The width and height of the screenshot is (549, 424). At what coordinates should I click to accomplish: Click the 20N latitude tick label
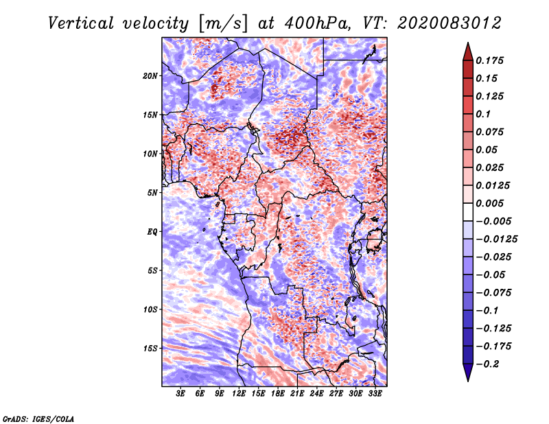(150, 76)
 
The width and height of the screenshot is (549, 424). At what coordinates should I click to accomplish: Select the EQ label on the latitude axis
(152, 232)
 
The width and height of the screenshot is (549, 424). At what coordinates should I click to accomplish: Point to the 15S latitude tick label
(150, 349)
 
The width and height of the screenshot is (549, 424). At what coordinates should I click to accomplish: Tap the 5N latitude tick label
(152, 193)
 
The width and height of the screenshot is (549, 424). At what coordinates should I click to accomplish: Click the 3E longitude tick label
(180, 394)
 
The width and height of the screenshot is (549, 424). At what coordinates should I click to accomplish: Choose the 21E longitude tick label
(297, 394)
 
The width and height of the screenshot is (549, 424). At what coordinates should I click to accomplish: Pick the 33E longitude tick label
(375, 394)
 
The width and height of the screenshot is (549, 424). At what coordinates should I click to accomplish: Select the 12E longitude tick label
(239, 394)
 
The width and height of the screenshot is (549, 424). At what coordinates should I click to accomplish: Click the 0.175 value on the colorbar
(489, 60)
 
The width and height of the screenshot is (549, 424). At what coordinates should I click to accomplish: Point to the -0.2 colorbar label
(487, 364)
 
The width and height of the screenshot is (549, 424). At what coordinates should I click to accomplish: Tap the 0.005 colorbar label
(489, 203)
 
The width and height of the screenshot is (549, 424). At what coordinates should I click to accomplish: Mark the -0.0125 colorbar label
(496, 239)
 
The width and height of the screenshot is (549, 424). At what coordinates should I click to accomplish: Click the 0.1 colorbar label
(483, 114)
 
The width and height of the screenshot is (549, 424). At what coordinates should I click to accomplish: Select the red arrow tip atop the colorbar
(468, 43)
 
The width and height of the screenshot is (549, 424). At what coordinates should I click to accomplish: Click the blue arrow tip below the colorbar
(468, 381)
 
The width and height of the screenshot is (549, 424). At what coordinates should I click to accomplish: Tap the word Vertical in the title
(81, 23)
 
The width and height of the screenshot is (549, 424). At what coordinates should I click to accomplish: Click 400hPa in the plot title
(316, 23)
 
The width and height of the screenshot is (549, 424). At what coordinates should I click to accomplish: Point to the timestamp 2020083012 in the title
(449, 23)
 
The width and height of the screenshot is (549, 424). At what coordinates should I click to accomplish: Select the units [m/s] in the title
(222, 24)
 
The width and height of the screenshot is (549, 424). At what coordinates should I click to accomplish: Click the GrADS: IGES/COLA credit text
(38, 419)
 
